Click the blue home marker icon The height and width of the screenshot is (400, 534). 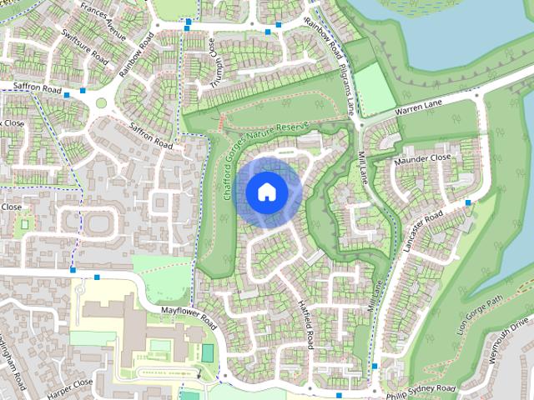266,192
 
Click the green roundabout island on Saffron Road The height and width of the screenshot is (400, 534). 102,103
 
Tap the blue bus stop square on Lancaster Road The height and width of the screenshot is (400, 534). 469,202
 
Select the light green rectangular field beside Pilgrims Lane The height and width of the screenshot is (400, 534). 375,88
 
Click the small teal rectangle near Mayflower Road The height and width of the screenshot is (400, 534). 207,353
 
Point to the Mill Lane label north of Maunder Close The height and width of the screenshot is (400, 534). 364,167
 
